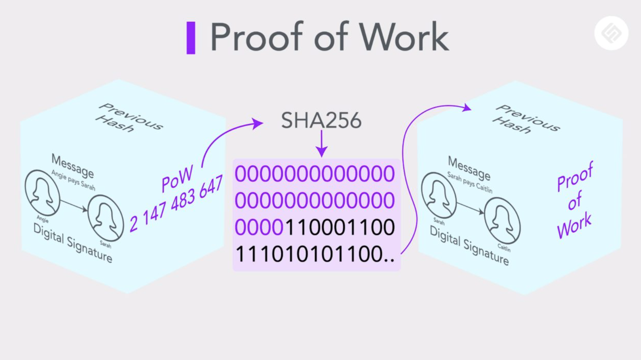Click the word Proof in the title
click(257, 37)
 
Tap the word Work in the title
click(404, 37)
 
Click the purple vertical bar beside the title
click(191, 38)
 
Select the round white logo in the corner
click(611, 33)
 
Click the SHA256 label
click(321, 121)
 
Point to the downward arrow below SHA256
click(322, 143)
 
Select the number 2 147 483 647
click(176, 203)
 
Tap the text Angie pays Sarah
click(73, 180)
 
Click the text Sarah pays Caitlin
click(470, 182)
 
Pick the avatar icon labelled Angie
click(42, 193)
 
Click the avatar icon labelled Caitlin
click(502, 220)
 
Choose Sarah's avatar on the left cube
click(106, 218)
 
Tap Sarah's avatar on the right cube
click(439, 195)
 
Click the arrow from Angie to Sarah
click(74, 206)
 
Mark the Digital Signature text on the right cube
click(469, 246)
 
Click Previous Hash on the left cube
click(129, 118)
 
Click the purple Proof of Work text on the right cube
click(575, 200)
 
